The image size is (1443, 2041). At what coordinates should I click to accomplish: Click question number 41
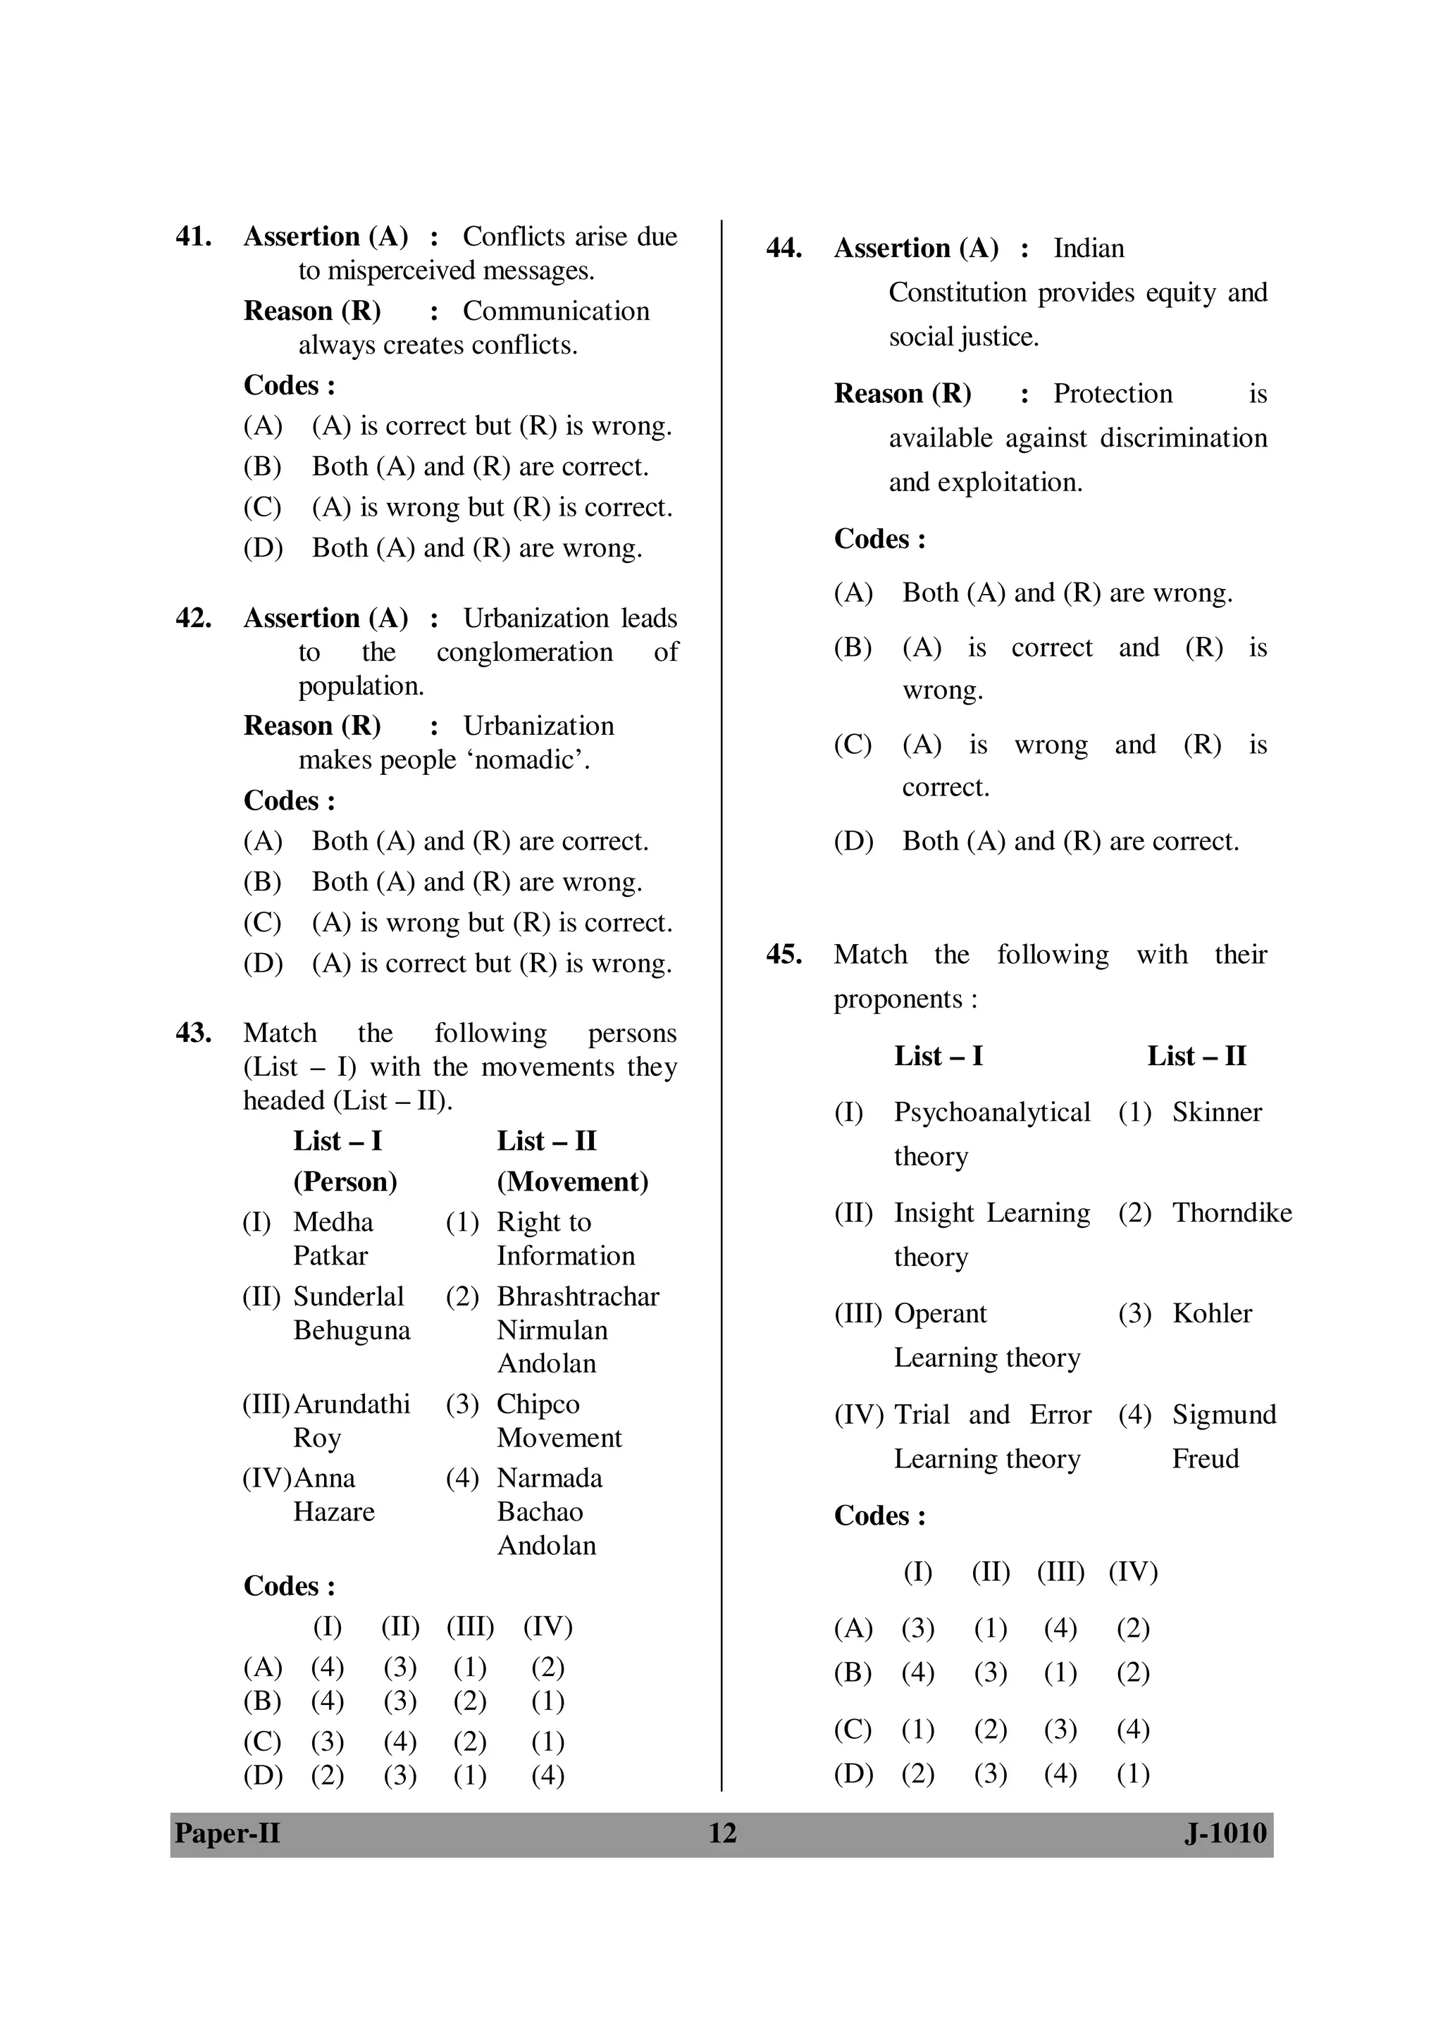coord(193,237)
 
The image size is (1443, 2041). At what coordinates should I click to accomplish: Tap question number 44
coord(784,248)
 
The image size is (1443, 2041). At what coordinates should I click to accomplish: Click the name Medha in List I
coord(333,1222)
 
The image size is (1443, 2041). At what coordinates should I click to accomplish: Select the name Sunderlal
coord(349,1297)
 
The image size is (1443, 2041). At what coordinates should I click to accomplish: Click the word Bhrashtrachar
coord(578,1297)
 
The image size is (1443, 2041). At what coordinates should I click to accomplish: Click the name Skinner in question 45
coord(1216,1112)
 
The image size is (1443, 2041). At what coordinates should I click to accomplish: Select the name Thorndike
coord(1232,1212)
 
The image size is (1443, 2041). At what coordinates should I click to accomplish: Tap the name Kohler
coord(1211,1314)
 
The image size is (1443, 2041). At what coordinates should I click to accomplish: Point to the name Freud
coord(1205,1459)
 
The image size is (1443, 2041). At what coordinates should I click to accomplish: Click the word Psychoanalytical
coord(991,1112)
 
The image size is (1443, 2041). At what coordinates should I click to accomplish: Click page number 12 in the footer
coord(722,1833)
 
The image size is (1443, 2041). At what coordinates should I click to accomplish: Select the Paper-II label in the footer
coord(228,1833)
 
